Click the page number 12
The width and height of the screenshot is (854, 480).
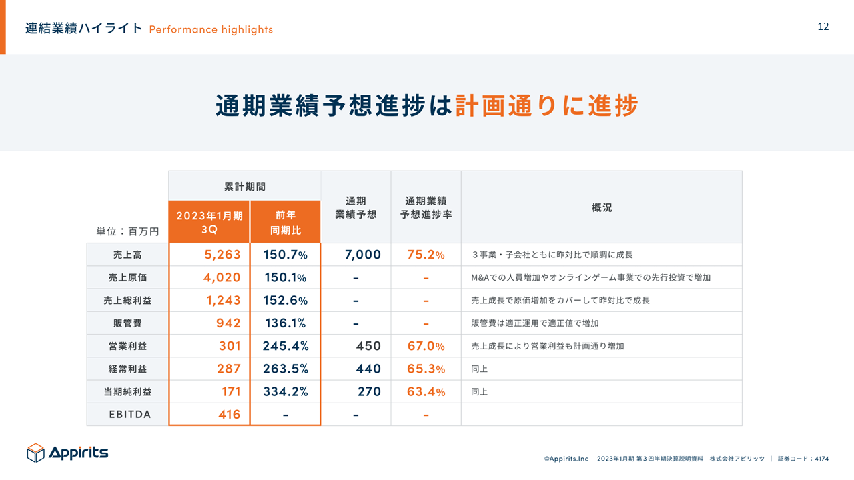pos(823,27)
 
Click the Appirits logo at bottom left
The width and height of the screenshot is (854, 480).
pos(67,453)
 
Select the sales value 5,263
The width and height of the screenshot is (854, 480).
pos(222,255)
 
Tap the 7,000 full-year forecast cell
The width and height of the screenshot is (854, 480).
pos(363,255)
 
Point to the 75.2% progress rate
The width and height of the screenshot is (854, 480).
pos(426,255)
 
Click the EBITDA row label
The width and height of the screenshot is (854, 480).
pos(130,414)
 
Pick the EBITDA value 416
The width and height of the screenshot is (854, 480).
pos(229,414)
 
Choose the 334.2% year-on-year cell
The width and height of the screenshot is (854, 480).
pos(285,391)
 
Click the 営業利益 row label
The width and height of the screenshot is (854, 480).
pos(127,346)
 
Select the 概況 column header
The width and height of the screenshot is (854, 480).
pos(601,207)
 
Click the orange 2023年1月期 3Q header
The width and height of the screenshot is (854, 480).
pos(209,222)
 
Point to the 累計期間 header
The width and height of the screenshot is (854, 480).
pos(244,186)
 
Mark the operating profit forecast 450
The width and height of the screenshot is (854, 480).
pos(368,346)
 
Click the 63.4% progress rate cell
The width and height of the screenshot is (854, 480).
pos(426,391)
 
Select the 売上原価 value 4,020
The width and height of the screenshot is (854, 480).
pos(222,277)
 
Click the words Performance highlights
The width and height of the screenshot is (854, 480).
pos(211,29)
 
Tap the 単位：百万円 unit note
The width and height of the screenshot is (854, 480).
pos(127,231)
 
